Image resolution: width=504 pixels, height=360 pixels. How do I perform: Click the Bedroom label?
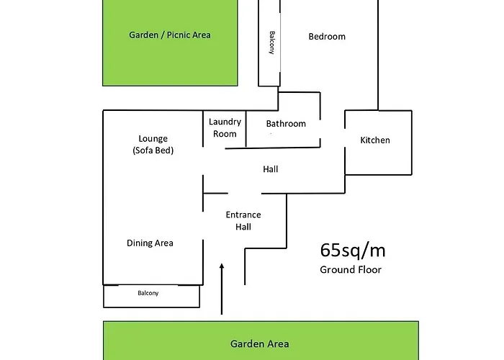pos(327,37)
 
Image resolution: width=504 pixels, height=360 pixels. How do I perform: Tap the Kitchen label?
pos(375,140)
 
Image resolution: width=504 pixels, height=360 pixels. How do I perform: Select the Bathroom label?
pos(286,124)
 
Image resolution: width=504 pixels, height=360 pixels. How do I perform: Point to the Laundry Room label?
pos(224,127)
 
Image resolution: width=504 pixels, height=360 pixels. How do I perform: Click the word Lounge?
pos(153,138)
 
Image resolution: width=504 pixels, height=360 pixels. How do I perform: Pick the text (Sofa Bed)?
pos(153,150)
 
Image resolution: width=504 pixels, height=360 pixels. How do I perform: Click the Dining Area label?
pos(150,243)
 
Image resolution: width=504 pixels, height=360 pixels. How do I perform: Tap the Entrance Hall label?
pos(243,220)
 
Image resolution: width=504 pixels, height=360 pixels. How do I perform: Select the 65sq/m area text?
pos(352,251)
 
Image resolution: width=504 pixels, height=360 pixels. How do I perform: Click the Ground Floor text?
pos(351,270)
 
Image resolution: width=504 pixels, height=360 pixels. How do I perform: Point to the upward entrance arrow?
pos(222,288)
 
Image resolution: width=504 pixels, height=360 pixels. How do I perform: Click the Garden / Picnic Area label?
pos(170,35)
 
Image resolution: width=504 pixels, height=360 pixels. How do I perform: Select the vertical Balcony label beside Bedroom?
pos(271,43)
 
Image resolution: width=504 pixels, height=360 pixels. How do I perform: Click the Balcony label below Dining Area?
pos(148,293)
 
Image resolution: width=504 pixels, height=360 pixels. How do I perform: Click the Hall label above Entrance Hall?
pos(271,169)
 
